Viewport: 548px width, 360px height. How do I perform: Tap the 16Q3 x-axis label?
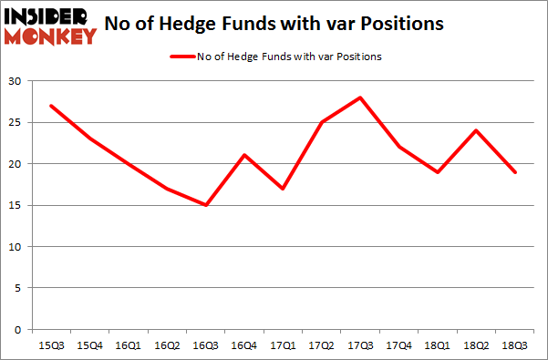point(206,347)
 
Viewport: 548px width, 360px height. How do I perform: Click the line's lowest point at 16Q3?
point(206,205)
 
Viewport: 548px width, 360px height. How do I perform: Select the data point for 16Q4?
point(245,155)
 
